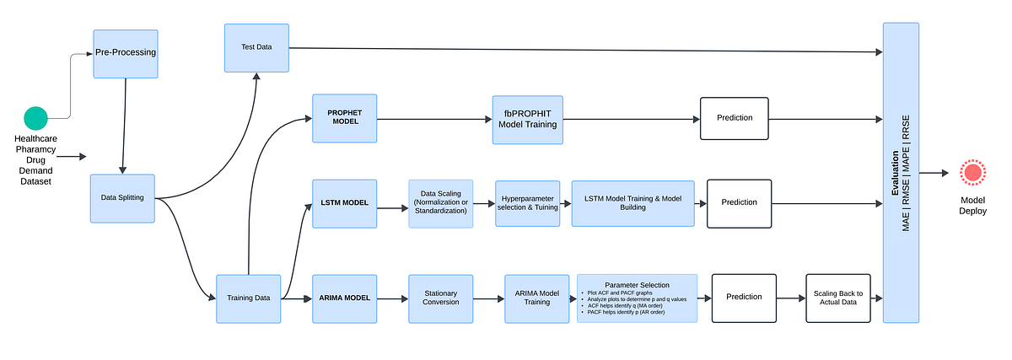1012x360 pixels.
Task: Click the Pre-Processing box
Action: (126, 52)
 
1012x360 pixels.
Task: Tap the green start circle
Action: (35, 118)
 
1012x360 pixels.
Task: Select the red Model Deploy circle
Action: (972, 173)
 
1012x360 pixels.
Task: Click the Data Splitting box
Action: (122, 198)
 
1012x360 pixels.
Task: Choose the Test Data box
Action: (257, 47)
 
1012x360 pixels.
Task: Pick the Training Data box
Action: (249, 298)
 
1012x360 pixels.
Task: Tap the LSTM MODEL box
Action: (344, 203)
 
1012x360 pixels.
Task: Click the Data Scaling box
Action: (440, 203)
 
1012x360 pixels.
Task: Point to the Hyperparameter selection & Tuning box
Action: (527, 203)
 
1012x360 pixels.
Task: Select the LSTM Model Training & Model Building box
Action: (632, 203)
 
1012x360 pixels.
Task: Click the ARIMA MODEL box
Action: (344, 298)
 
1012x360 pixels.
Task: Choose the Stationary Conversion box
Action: (440, 298)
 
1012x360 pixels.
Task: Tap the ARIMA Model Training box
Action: (536, 298)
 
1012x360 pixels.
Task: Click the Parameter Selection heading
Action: (637, 285)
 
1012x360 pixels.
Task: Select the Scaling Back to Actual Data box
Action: (837, 297)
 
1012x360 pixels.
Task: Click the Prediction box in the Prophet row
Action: (735, 118)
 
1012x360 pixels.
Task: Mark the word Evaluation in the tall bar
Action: (895, 174)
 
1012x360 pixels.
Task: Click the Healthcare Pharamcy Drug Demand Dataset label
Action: (35, 159)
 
